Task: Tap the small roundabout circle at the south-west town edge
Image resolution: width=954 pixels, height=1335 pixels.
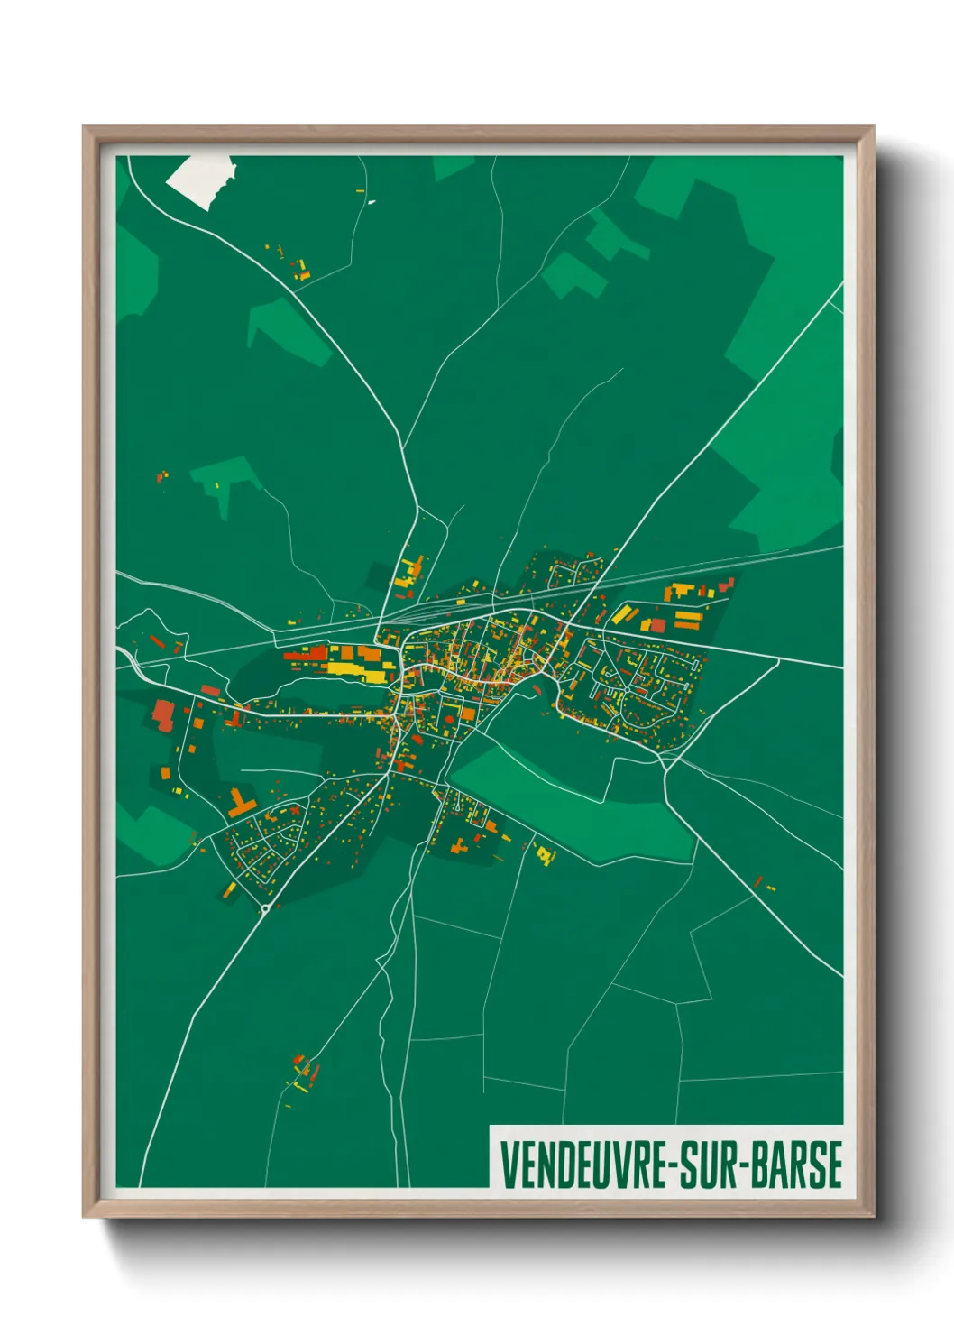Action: click(265, 909)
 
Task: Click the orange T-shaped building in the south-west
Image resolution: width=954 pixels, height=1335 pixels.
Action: click(241, 804)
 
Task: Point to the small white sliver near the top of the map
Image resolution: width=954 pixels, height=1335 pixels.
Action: click(371, 202)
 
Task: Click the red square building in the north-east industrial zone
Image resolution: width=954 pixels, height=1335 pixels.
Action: click(658, 626)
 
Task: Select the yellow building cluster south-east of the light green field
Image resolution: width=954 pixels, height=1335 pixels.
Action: click(545, 853)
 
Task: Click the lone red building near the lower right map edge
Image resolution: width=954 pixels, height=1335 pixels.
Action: click(758, 881)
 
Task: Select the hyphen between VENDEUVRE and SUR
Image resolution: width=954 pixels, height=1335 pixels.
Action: click(673, 1166)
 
